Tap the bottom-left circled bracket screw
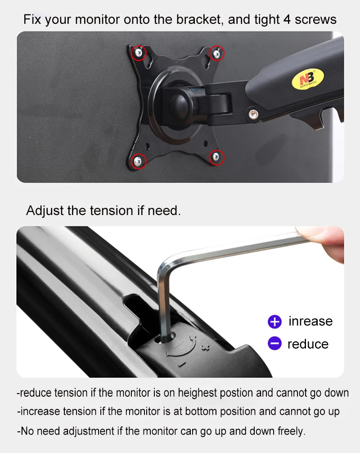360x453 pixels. (x=138, y=160)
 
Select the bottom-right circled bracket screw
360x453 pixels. (x=216, y=157)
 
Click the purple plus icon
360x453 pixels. (x=274, y=322)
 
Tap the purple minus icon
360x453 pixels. (x=274, y=344)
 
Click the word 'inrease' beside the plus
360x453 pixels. (x=310, y=321)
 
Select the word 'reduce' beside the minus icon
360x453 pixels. (x=308, y=344)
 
